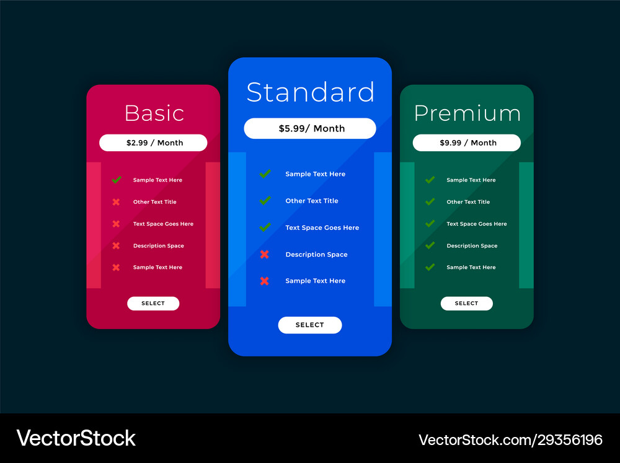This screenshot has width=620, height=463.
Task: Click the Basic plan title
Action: pos(154,113)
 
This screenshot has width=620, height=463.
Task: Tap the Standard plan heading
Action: pos(311,92)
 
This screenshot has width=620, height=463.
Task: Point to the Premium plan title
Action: pos(467,113)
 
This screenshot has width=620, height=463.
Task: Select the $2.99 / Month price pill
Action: pos(153,143)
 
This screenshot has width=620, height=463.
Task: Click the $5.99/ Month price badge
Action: pos(310,128)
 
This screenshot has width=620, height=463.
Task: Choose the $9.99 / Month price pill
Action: pos(467,143)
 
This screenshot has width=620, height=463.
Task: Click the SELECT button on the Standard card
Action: pos(310,325)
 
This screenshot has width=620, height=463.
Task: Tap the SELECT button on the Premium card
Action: pos(467,303)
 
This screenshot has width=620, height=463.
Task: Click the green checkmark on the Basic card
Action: pos(117,180)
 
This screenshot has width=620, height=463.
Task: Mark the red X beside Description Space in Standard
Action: pos(265,254)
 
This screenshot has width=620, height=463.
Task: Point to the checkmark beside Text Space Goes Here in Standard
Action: pos(265,227)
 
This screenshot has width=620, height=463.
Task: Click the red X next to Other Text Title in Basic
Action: pos(116,202)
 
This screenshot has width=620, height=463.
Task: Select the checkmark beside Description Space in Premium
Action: pos(430,245)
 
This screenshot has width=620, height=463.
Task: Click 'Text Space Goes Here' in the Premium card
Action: pos(476,224)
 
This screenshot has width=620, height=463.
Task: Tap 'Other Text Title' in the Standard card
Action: pos(312,201)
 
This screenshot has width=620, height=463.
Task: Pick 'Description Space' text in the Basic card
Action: pos(158,246)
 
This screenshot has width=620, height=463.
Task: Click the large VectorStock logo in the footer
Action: pos(76,438)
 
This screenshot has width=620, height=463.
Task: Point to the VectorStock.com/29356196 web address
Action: pos(510,440)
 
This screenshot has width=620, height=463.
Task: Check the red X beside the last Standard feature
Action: pos(265,281)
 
